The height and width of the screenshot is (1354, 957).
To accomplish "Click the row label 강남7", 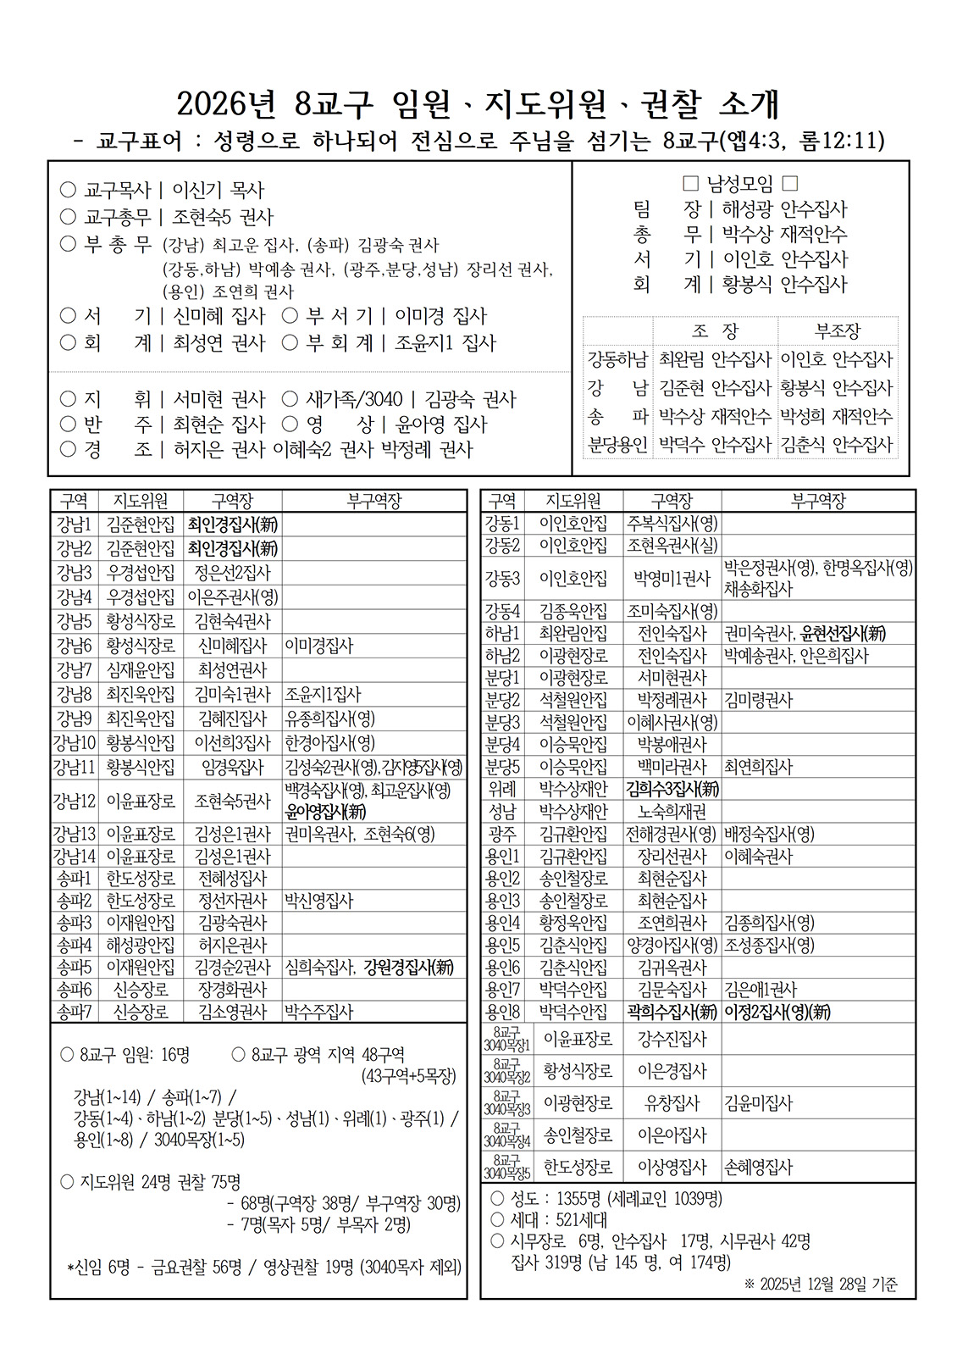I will point(74,669).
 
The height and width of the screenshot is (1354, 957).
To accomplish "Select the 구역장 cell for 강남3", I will point(232,573).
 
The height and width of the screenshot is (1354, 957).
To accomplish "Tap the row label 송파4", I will point(74,945).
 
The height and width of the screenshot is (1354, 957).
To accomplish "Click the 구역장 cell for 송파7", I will point(232,1012).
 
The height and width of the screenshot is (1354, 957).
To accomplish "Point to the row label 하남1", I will point(502,633).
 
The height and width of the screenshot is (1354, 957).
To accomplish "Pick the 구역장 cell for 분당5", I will point(672,767).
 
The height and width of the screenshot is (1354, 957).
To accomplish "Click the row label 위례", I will point(502,789).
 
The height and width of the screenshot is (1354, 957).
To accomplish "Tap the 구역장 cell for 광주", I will point(672,834).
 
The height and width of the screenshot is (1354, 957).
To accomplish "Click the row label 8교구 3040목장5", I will point(506,1167).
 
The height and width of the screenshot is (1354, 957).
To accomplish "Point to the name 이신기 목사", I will point(219,191).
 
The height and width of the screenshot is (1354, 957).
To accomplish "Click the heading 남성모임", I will point(739,183).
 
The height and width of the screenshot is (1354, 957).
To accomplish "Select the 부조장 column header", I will point(837,331).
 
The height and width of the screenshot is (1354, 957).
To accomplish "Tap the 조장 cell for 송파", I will point(715,417).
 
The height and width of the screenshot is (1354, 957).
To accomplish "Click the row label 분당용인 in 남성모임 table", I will point(617,445).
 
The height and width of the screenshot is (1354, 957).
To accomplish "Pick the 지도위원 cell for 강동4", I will point(573,611).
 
